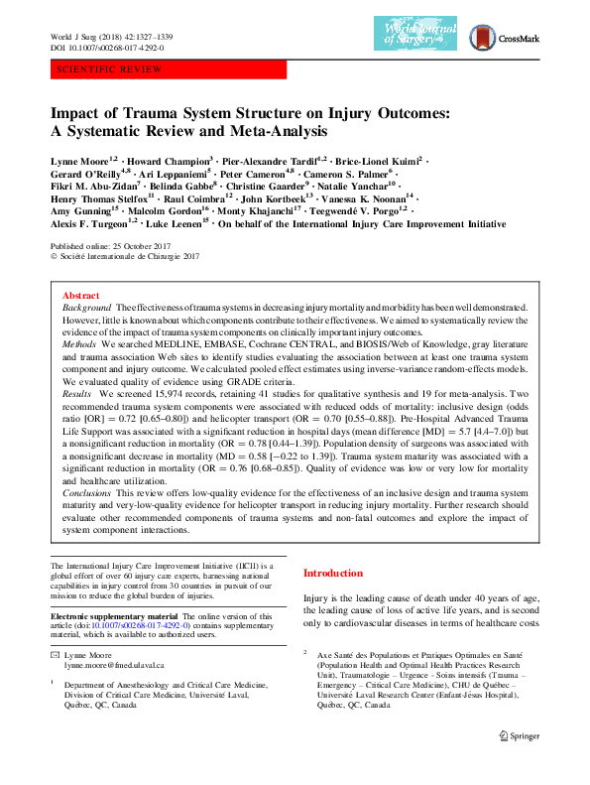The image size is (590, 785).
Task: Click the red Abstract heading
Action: (x=80, y=297)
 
